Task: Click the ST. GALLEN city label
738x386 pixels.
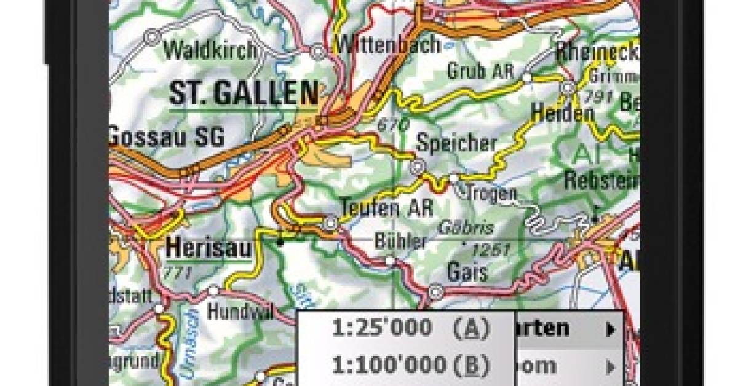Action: click(244, 93)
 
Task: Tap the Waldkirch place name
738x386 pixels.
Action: click(210, 50)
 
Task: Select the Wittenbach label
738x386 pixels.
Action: click(388, 44)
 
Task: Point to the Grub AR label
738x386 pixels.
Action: click(480, 71)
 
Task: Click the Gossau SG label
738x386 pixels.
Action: click(167, 136)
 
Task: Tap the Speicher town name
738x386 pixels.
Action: click(456, 143)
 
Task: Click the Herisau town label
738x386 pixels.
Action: click(208, 248)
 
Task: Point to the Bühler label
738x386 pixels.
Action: click(400, 241)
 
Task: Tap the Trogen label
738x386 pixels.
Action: click(491, 193)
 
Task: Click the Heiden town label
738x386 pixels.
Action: click(563, 113)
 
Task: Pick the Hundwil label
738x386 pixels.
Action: click(239, 312)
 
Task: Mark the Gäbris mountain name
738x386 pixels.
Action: click(466, 227)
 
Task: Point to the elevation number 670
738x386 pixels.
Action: click(393, 125)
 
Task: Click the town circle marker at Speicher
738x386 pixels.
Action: click(418, 166)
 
